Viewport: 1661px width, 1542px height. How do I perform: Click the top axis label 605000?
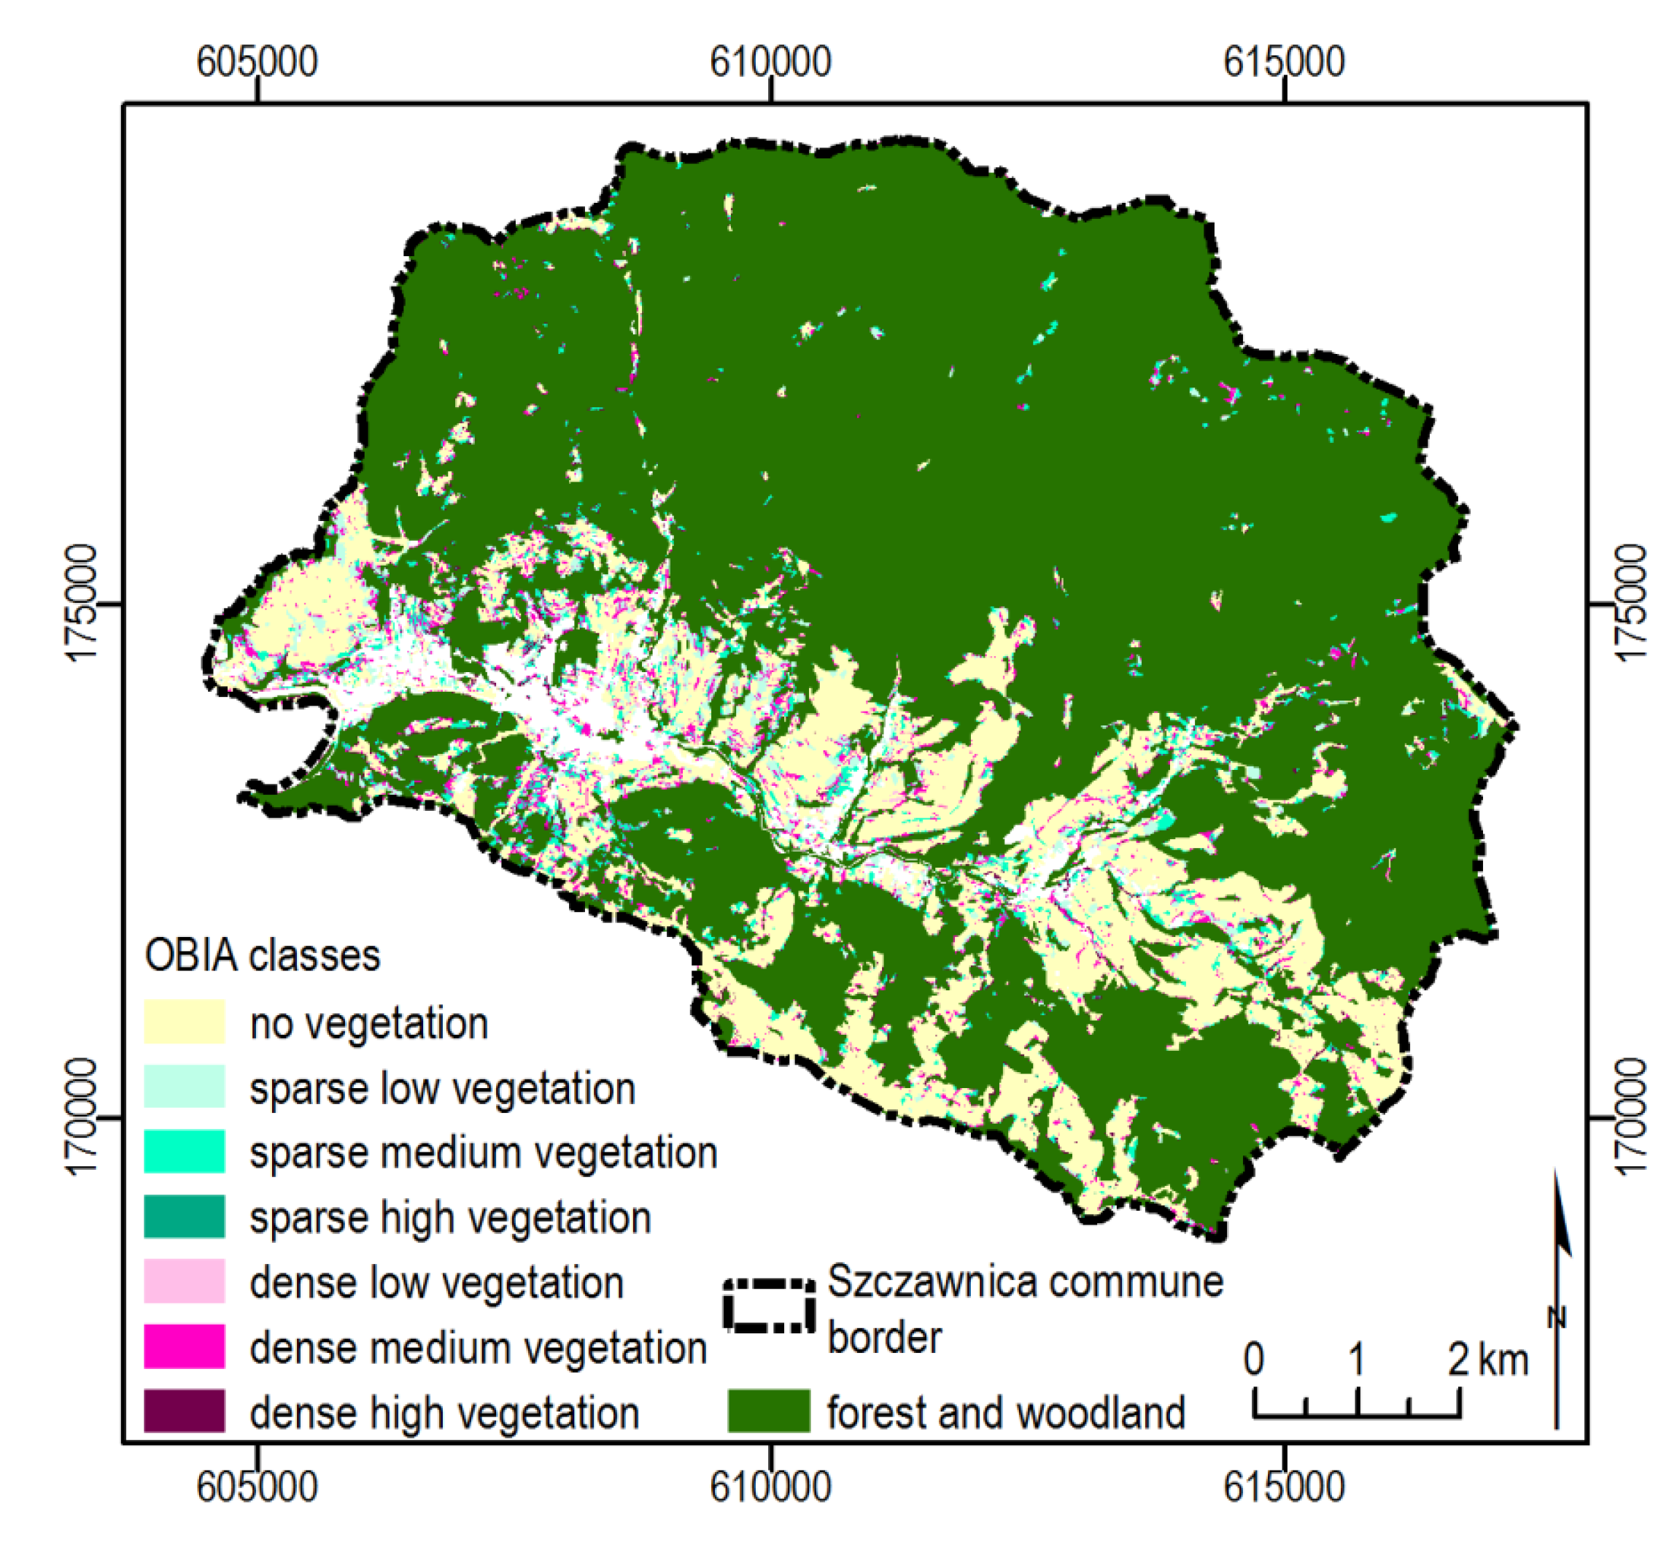[x=257, y=62]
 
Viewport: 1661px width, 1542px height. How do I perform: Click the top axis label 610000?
[x=770, y=62]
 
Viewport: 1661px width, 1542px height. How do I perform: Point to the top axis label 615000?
[x=1284, y=62]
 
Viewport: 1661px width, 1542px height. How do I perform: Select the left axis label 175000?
[x=82, y=604]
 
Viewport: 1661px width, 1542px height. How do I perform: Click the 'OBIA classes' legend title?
[x=262, y=955]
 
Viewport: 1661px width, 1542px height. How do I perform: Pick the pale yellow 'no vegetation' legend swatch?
[x=184, y=1022]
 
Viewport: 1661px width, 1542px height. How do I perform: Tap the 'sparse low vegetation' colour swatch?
[x=184, y=1087]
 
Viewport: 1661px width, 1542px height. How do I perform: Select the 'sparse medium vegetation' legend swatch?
[x=184, y=1152]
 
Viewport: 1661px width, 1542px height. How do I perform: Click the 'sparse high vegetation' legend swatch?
[x=184, y=1217]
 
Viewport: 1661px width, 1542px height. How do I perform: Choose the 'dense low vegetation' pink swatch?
[x=184, y=1281]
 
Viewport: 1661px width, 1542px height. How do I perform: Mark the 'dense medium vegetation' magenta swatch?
[x=184, y=1346]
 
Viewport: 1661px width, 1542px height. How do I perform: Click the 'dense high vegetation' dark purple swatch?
[x=184, y=1411]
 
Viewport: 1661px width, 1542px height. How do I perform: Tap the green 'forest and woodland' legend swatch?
[x=768, y=1411]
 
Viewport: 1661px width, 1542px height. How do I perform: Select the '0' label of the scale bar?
[x=1253, y=1360]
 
